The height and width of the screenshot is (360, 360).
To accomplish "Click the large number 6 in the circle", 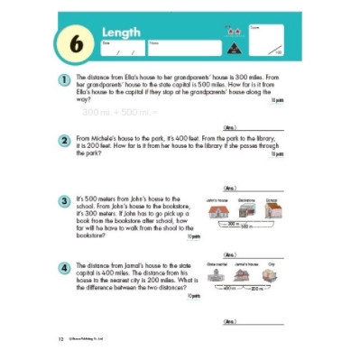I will coord(71,43).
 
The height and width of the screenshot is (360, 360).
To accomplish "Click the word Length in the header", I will coord(121,33).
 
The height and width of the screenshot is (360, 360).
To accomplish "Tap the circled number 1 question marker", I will coord(65,80).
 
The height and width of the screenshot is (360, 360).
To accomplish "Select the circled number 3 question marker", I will coord(65,200).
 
